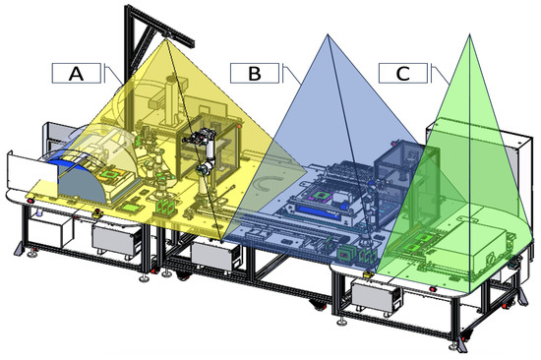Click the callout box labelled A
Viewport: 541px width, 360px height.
(77, 73)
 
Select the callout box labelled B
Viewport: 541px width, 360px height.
(255, 73)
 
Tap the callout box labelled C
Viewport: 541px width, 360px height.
(403, 73)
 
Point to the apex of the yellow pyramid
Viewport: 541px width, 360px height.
(165, 39)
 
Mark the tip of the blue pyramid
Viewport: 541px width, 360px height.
(328, 34)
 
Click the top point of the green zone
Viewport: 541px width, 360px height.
(469, 33)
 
